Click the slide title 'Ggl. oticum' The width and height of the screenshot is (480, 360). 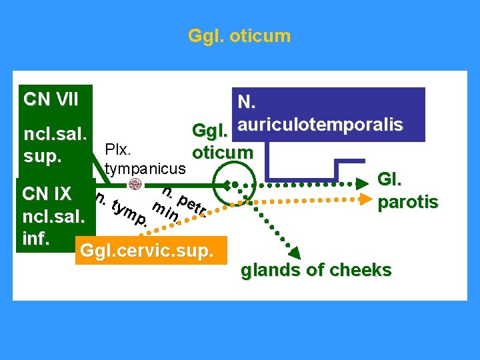tap(239, 35)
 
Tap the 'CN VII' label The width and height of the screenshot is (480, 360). tap(51, 100)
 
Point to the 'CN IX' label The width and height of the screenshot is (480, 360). tap(47, 194)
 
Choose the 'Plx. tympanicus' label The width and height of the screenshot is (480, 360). tap(143, 155)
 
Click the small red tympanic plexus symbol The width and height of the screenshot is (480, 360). tap(135, 184)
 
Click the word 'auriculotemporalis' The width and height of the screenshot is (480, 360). tap(320, 125)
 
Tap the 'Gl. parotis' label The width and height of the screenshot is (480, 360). tap(407, 191)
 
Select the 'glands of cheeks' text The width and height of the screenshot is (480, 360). tap(316, 270)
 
